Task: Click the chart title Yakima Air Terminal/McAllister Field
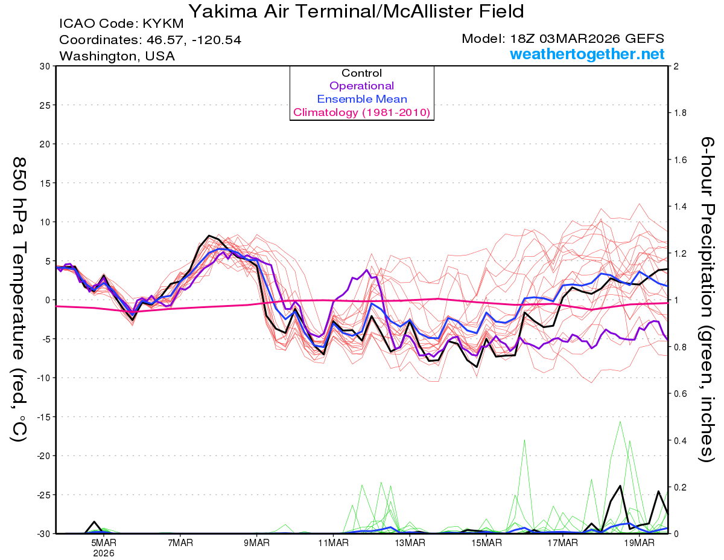click(356, 11)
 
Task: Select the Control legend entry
click(361, 73)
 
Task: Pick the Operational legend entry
click(361, 86)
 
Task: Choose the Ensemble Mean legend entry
click(361, 99)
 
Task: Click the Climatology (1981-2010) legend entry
click(361, 112)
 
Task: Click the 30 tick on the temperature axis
click(44, 66)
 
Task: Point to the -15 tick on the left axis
click(42, 417)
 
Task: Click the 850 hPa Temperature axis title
click(19, 299)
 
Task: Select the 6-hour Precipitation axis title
click(707, 299)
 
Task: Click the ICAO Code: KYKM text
click(121, 25)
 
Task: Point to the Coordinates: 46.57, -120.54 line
click(150, 40)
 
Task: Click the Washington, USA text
click(117, 56)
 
